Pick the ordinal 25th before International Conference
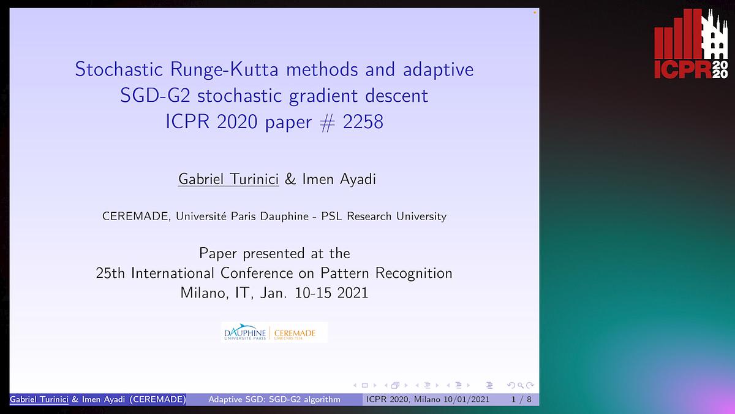112,273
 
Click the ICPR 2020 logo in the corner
690,44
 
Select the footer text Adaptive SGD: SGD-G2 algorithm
274,400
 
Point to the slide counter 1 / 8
521,400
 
